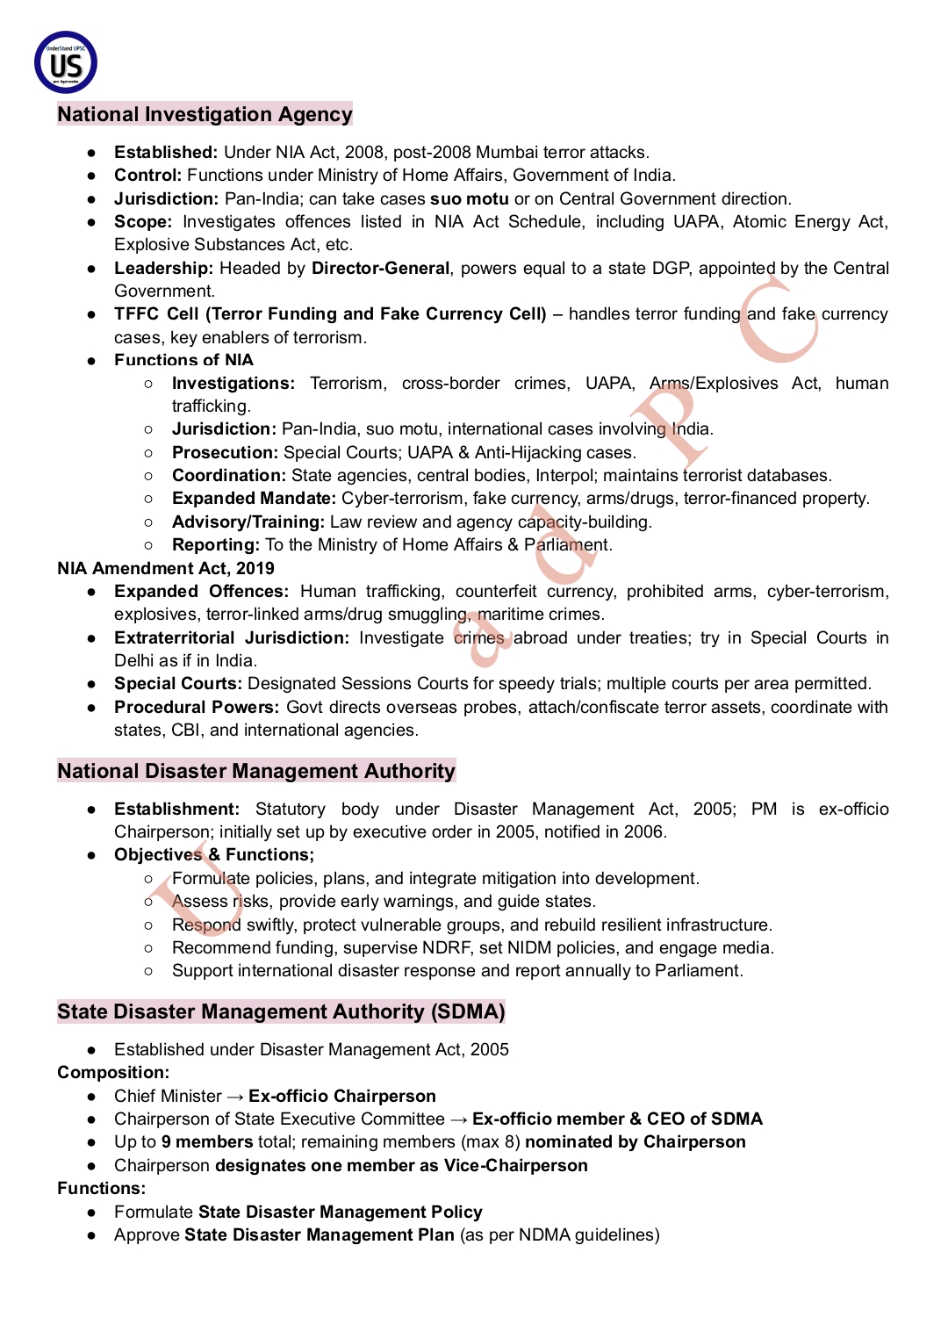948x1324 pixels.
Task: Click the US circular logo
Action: coord(66,63)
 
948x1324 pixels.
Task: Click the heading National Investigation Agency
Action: coord(205,114)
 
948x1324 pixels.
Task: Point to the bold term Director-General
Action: coord(380,269)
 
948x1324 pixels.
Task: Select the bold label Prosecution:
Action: coord(224,453)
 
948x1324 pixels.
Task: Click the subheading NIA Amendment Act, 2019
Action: coord(166,569)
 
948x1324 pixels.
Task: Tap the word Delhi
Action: coord(134,661)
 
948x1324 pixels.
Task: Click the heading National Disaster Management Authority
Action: coord(256,771)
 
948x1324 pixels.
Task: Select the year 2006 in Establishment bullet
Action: coord(643,832)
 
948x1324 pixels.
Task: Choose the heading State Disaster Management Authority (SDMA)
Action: coord(281,1011)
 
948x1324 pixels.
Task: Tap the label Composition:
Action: coord(113,1073)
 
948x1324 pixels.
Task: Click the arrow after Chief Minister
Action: coord(235,1097)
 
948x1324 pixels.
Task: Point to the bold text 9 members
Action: coord(206,1142)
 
